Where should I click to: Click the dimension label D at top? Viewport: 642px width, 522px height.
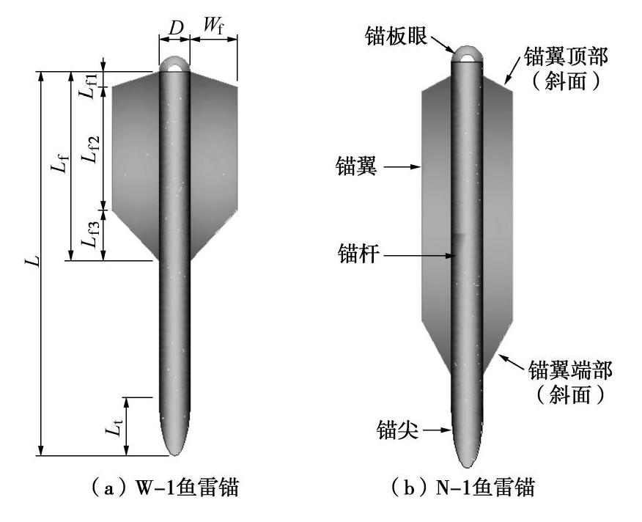click(x=175, y=28)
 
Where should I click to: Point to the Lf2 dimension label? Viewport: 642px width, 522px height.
click(x=89, y=147)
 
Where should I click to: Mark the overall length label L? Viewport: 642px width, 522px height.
click(x=29, y=262)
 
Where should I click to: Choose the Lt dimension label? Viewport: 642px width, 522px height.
click(x=111, y=427)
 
